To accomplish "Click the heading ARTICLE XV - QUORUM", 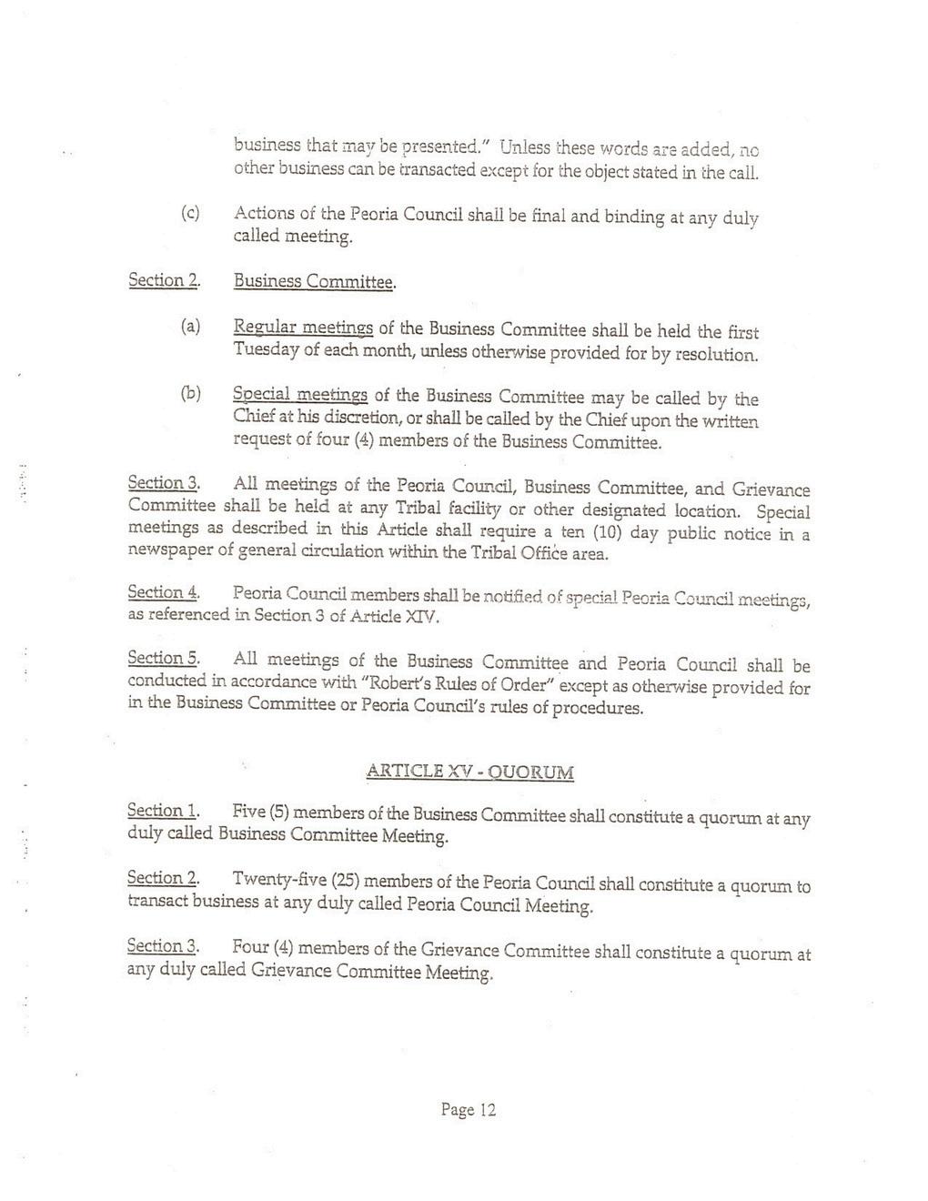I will (469, 772).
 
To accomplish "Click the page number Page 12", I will (469, 1109).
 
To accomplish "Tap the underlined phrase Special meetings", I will (300, 395).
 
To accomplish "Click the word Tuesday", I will (261, 350).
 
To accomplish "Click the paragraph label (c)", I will (190, 214).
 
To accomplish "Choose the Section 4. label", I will (164, 593).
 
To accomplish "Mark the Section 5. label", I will (164, 659).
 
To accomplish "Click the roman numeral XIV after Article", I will (422, 616).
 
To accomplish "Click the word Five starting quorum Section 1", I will (247, 812).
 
